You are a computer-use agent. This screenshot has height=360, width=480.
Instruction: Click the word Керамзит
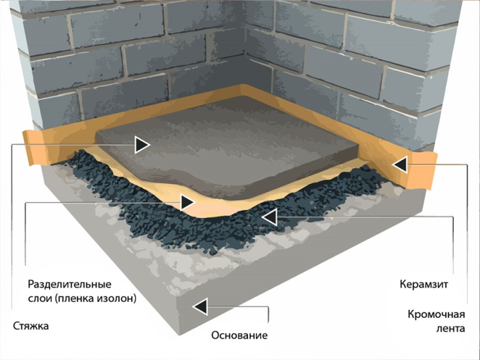coord(424,284)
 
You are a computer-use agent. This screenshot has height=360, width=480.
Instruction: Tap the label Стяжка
coord(31,326)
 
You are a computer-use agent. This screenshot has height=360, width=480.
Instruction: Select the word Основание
coord(239,335)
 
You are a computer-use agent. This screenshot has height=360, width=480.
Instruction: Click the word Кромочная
coord(437,314)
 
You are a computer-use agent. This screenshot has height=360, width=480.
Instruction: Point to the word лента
coord(451,329)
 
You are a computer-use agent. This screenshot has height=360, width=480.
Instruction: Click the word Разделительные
coord(70,284)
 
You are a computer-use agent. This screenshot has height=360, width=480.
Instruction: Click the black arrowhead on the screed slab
coord(142,145)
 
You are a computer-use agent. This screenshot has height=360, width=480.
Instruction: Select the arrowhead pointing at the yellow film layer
coord(187,202)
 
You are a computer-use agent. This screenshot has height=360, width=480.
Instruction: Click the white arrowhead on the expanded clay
coord(269,217)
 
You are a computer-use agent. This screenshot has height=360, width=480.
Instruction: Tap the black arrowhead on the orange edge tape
coord(400,165)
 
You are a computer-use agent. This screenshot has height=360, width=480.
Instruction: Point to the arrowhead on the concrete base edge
coord(200,306)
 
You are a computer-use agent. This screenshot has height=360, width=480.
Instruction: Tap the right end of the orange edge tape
coord(433,171)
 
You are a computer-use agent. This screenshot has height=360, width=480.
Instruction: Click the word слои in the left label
coord(40,298)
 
